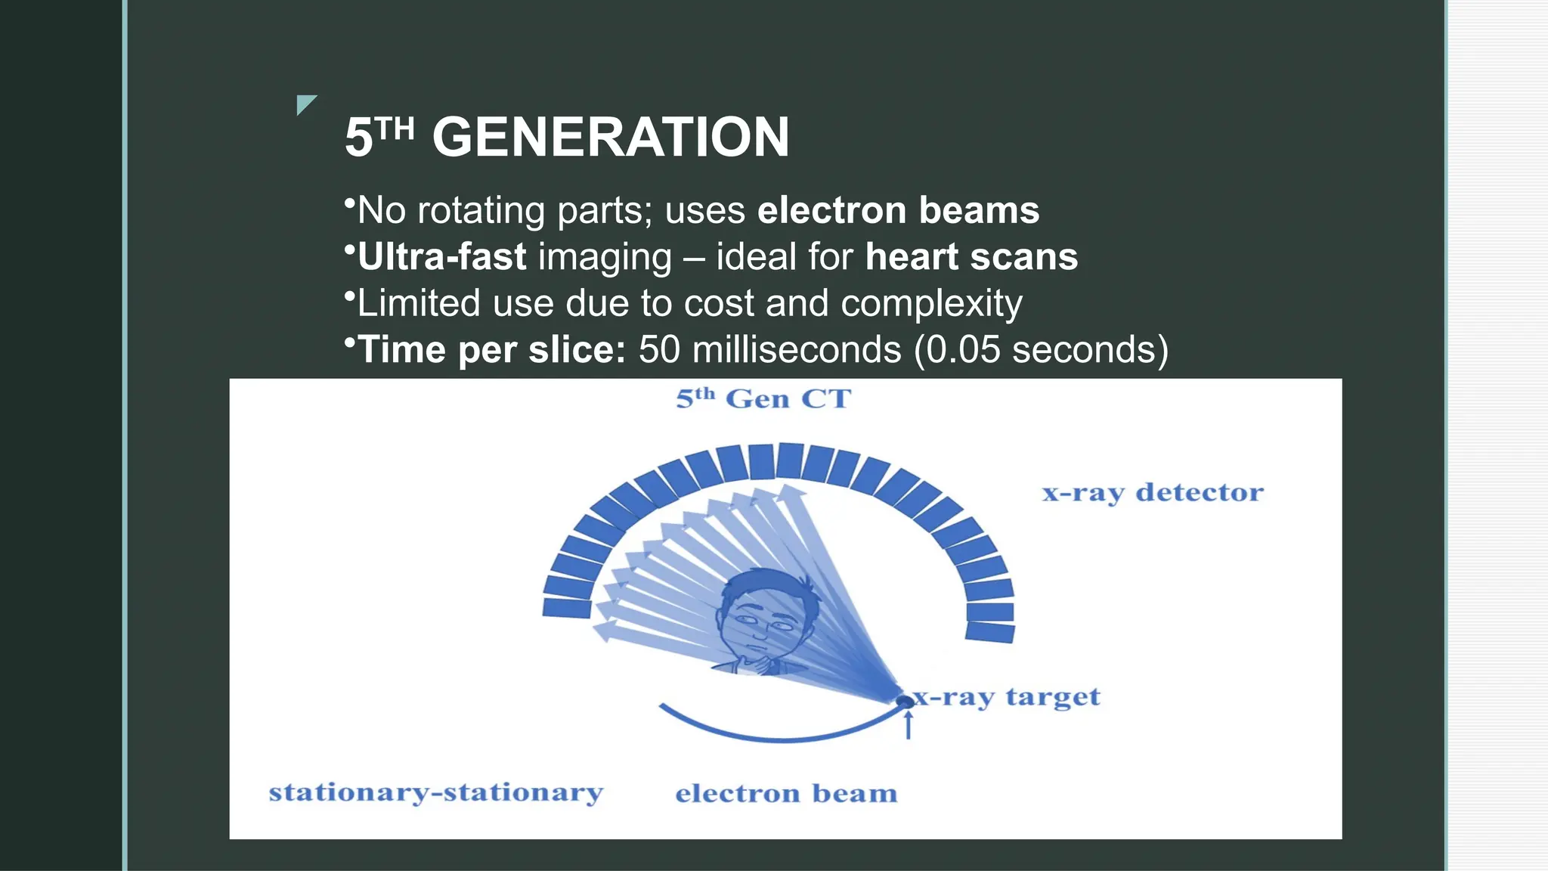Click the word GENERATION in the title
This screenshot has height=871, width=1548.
[611, 138]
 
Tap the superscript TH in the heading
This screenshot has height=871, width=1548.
[395, 130]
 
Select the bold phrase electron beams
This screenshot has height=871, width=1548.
[898, 210]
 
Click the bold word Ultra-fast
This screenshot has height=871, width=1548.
[441, 257]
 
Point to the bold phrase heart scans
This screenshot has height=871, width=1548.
[971, 257]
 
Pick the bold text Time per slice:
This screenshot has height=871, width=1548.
[491, 350]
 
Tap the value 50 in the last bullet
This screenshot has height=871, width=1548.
[659, 350]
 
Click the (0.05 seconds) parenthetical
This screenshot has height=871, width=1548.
[1041, 350]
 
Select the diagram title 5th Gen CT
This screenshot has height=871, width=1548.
[763, 398]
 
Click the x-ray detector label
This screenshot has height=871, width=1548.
[1152, 493]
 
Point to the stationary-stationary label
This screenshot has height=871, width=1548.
[436, 792]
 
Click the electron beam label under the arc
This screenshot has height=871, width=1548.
[786, 793]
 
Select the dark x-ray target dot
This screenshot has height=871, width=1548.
[904, 702]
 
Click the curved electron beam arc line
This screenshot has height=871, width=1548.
[779, 737]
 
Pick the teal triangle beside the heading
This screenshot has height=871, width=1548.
[305, 103]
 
